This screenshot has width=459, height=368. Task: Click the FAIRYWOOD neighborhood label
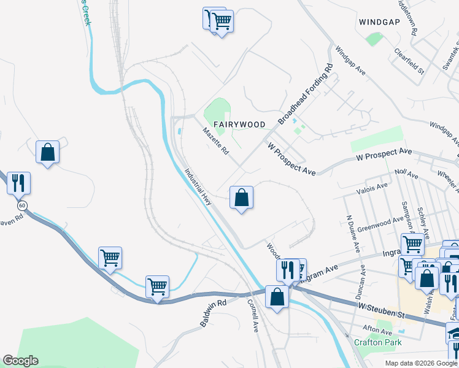click(239, 125)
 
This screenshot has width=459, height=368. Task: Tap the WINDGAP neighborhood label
click(380, 22)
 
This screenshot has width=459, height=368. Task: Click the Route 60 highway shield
click(22, 205)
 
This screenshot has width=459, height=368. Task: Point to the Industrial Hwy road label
click(198, 187)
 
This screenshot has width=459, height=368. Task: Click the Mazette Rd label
click(215, 140)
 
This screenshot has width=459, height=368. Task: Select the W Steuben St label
click(380, 306)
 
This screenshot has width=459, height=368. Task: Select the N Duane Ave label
click(352, 234)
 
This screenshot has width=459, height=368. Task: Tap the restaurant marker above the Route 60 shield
click(18, 183)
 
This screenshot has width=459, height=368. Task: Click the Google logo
click(20, 361)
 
